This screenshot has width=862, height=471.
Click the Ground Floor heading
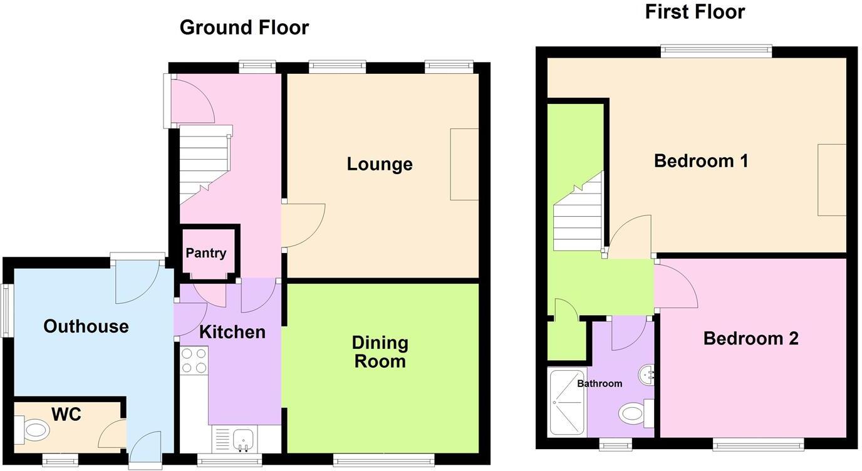click(x=244, y=28)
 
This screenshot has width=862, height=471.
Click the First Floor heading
click(x=695, y=11)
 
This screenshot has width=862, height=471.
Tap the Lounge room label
click(x=380, y=164)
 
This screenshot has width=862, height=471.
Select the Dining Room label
click(x=380, y=352)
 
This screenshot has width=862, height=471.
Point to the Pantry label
click(x=205, y=253)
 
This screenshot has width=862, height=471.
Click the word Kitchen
click(x=232, y=332)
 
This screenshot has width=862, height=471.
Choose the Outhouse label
click(x=86, y=326)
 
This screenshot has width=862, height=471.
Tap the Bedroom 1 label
click(x=701, y=161)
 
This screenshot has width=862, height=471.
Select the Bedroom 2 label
click(x=750, y=339)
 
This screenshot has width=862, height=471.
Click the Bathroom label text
click(x=600, y=383)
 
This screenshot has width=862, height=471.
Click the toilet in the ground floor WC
click(x=35, y=431)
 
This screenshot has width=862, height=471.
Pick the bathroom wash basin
click(x=646, y=376)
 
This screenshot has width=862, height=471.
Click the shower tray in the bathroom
click(x=568, y=403)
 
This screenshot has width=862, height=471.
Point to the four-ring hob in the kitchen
click(x=194, y=361)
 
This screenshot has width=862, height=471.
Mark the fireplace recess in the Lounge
click(x=464, y=164)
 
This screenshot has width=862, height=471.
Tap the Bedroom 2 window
click(x=758, y=445)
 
